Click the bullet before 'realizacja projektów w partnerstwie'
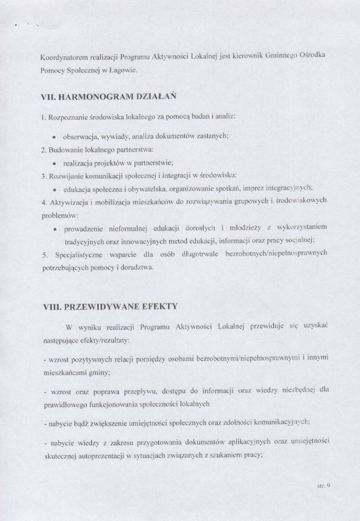[54, 163]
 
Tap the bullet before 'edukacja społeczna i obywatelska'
[54, 188]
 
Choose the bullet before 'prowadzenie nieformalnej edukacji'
[54, 228]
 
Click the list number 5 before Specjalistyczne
[44, 254]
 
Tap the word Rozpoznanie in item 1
[68, 117]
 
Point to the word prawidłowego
[65, 404]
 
